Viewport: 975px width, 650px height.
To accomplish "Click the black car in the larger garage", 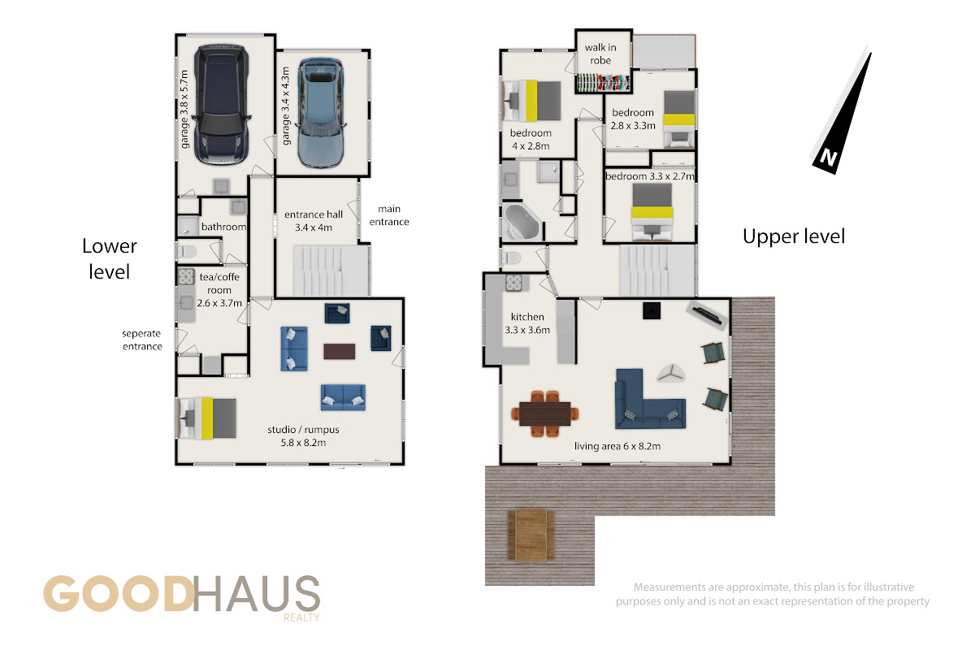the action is [x=222, y=105].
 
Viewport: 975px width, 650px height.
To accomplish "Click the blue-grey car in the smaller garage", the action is [x=321, y=114].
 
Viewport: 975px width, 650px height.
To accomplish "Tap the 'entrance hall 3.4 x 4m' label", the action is [x=314, y=221].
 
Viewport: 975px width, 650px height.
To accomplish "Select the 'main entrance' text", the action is [x=389, y=215].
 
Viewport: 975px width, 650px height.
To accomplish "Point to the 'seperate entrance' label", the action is [x=142, y=340].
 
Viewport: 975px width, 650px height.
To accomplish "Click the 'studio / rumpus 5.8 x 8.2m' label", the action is [x=303, y=435].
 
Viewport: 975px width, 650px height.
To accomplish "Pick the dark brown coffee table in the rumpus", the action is [x=340, y=352].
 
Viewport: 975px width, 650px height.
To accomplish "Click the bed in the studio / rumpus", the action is [x=206, y=418].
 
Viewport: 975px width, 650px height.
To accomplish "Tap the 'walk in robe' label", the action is [x=600, y=54].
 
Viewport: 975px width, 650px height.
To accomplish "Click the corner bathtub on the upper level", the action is [x=522, y=222].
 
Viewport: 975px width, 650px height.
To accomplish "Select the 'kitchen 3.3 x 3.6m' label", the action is [x=527, y=323].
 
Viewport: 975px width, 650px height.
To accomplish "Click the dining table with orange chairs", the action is [x=545, y=414].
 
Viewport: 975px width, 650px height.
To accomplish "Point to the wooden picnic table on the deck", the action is [x=531, y=535].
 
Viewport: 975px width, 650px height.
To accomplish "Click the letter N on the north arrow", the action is [x=828, y=157].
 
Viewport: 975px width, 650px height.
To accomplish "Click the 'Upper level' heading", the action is [x=794, y=236].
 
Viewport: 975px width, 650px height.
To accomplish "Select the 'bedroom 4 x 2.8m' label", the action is [x=531, y=139].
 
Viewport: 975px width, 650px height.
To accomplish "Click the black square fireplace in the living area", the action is [x=652, y=311].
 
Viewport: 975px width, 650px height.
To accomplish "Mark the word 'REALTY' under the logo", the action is [x=301, y=617].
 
